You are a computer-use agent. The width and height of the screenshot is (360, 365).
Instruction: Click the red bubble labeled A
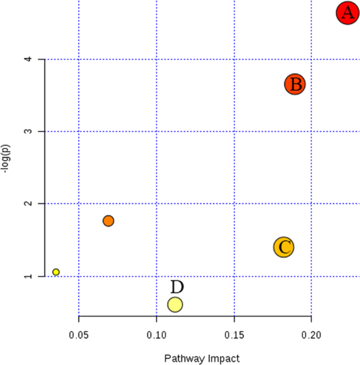click(347, 13)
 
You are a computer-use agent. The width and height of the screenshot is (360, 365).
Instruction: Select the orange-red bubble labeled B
click(295, 84)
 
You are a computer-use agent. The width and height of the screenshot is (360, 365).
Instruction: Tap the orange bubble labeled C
click(284, 247)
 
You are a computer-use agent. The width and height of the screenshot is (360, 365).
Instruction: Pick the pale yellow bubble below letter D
click(175, 305)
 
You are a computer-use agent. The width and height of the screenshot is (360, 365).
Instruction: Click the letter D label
click(177, 287)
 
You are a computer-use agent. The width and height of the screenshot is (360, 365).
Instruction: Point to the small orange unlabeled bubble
click(108, 221)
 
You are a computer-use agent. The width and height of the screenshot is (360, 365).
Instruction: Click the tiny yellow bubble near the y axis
click(56, 272)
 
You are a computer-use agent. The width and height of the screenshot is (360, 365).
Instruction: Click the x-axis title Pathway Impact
click(202, 359)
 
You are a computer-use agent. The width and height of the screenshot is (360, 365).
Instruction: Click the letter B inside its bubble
click(296, 85)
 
